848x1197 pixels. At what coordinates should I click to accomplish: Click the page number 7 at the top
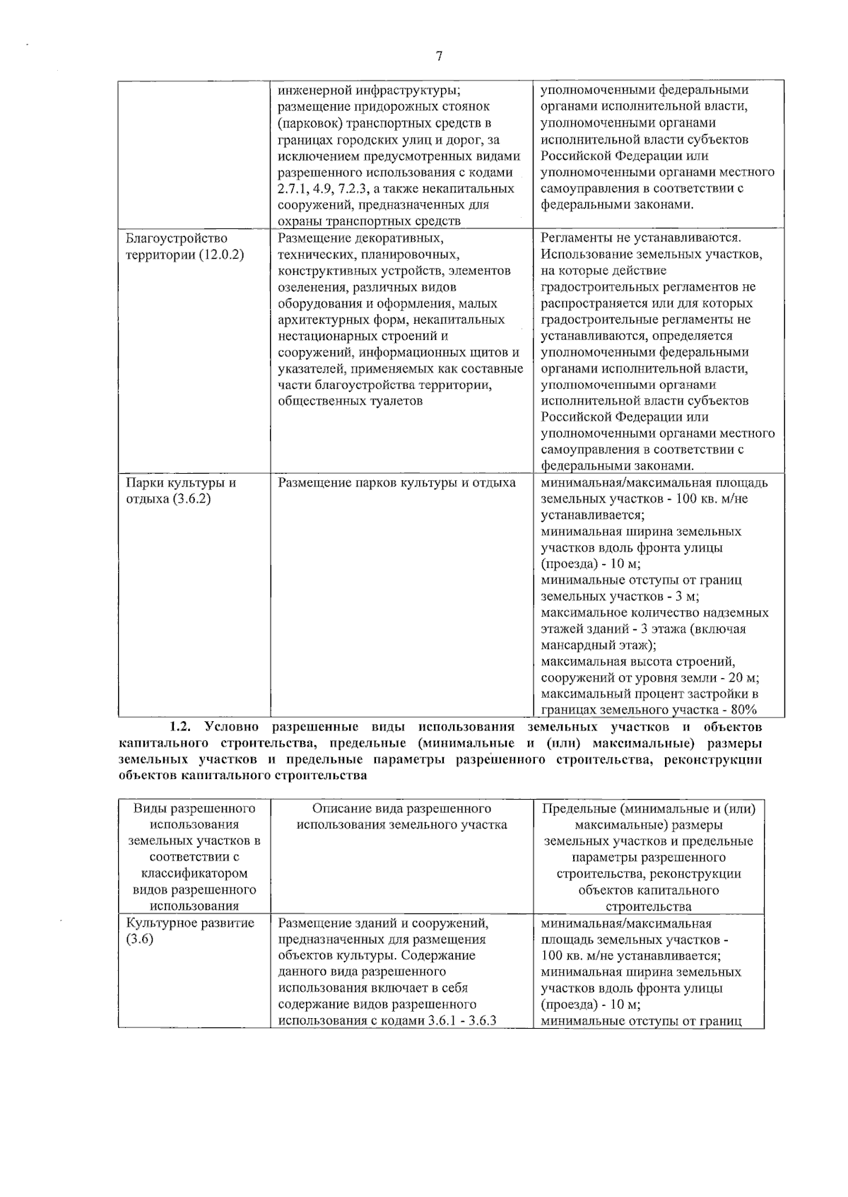439,57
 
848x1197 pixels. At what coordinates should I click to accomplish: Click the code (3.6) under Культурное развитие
140,940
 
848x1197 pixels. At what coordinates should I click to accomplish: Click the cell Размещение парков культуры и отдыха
396,483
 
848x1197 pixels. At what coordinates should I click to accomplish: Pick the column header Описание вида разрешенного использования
401,817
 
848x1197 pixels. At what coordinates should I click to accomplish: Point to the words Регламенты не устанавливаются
641,238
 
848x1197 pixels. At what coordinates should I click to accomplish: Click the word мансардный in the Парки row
575,645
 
